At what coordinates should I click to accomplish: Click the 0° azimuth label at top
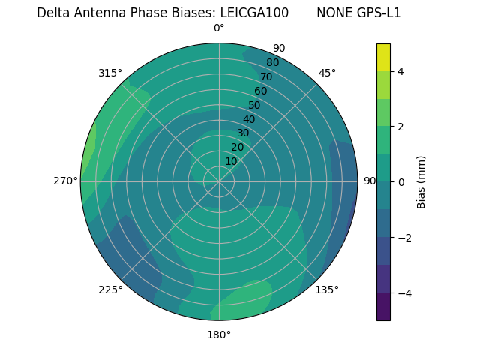219,28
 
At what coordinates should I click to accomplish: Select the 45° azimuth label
327,73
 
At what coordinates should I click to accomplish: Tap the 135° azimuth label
327,289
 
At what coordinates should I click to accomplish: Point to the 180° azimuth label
219,334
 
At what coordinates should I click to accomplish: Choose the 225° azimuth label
110,289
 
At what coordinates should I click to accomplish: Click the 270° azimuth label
65,181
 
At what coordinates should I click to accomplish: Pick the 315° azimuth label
110,73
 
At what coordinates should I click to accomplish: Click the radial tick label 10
232,161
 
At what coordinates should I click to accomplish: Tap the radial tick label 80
272,63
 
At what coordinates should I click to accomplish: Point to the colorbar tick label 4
400,71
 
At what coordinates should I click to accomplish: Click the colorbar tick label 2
400,127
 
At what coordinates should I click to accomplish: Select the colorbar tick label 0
400,182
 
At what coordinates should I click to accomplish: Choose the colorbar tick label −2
403,238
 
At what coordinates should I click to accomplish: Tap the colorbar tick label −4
403,293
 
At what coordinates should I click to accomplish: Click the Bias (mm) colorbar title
421,182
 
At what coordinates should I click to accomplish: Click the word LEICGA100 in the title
254,13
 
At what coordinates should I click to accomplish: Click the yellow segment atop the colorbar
383,57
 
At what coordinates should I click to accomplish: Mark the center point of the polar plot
219,181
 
